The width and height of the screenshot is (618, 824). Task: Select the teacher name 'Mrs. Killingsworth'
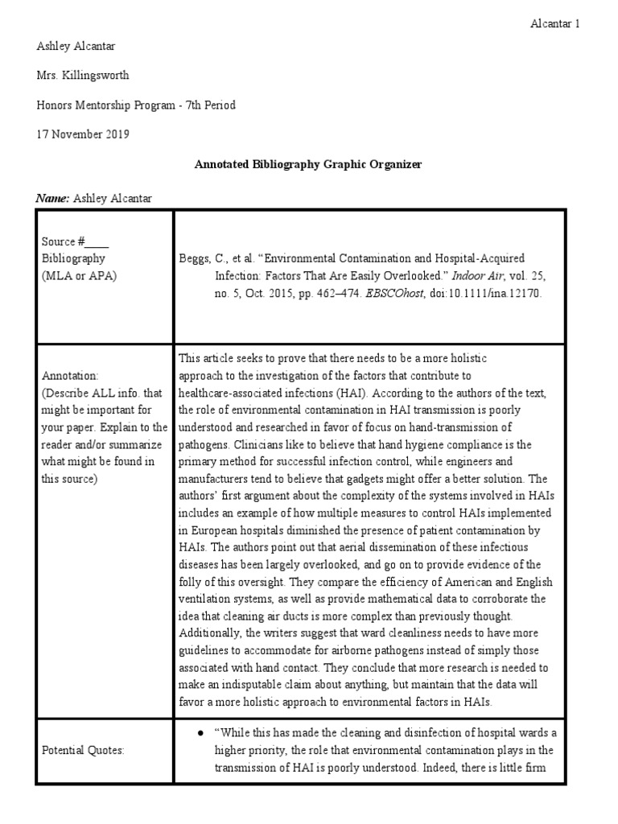click(x=83, y=76)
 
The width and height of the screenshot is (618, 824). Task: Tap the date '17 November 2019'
click(x=83, y=134)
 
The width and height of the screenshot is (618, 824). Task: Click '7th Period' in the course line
click(x=208, y=105)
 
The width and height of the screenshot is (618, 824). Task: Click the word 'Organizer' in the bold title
click(x=395, y=164)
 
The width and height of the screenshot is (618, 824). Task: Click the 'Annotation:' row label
click(x=69, y=376)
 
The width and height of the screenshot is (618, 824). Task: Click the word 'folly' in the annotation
click(x=193, y=581)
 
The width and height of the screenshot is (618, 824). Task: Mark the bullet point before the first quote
click(x=199, y=733)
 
